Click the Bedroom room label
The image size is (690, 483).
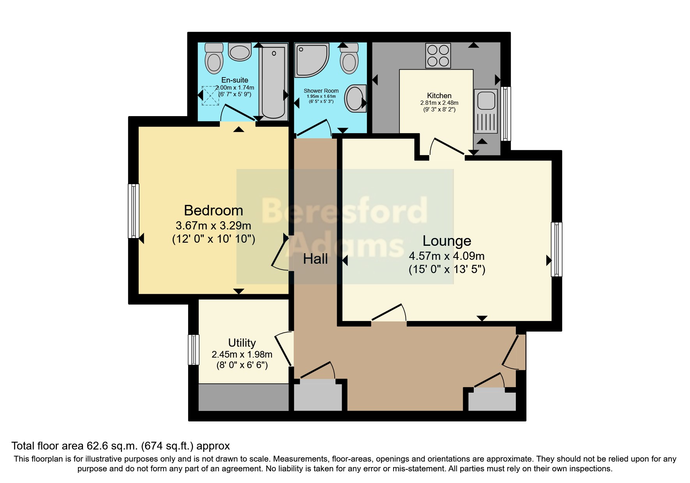click(214, 211)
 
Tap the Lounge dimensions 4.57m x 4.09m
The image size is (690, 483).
click(446, 256)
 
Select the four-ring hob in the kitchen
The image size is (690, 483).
click(438, 56)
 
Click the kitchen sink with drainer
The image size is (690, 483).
click(486, 111)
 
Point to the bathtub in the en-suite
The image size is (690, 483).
click(274, 82)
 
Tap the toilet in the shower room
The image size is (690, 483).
click(349, 59)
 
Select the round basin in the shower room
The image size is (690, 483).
click(355, 98)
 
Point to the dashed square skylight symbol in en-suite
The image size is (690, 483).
click(210, 95)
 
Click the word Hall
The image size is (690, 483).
click(315, 259)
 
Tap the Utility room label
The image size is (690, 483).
click(242, 343)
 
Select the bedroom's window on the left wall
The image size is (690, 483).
click(134, 211)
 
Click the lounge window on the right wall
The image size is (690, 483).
click(556, 249)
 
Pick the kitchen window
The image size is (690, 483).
click(505, 113)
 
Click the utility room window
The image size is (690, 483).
click(194, 349)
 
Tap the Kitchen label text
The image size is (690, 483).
click(439, 96)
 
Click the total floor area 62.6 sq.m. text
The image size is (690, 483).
click(120, 446)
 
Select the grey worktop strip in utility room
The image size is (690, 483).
click(244, 397)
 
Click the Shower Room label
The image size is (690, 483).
click(321, 91)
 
